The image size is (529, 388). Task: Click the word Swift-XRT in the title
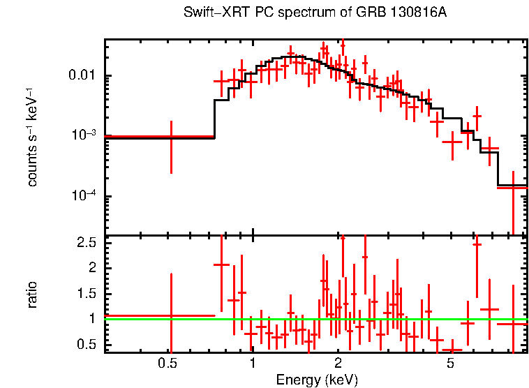point(210,13)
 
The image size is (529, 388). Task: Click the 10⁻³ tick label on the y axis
point(85,135)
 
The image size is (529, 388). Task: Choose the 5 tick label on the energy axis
point(451,364)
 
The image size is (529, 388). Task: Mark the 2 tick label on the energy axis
point(338,364)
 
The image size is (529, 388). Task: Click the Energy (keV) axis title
point(317,380)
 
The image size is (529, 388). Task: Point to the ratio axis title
point(32,294)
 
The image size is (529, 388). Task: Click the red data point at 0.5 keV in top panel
point(171,137)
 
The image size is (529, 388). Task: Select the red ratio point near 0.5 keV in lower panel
point(171,315)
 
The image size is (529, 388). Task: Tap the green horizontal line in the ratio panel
point(391,319)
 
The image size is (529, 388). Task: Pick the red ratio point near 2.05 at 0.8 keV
point(222,264)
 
